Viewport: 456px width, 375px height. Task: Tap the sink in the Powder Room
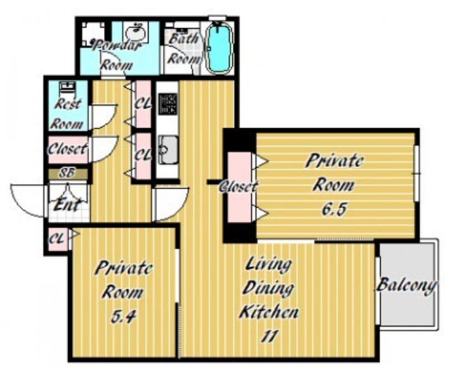[135, 31]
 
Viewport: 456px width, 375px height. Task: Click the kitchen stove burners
[167, 103]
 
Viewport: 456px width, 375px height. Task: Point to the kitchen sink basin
[167, 150]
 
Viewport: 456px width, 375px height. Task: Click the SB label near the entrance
[68, 173]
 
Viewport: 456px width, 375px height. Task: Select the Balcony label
[407, 285]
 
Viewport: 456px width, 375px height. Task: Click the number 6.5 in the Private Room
[334, 209]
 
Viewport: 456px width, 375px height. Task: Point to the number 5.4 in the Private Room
[123, 316]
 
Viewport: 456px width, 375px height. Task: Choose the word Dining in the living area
[268, 289]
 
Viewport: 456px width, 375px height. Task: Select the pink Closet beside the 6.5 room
[239, 187]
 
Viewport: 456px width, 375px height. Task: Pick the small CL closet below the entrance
[58, 239]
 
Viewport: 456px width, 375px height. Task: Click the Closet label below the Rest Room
[67, 149]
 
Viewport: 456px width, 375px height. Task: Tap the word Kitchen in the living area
[269, 312]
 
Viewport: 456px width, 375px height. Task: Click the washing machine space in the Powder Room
[93, 34]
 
